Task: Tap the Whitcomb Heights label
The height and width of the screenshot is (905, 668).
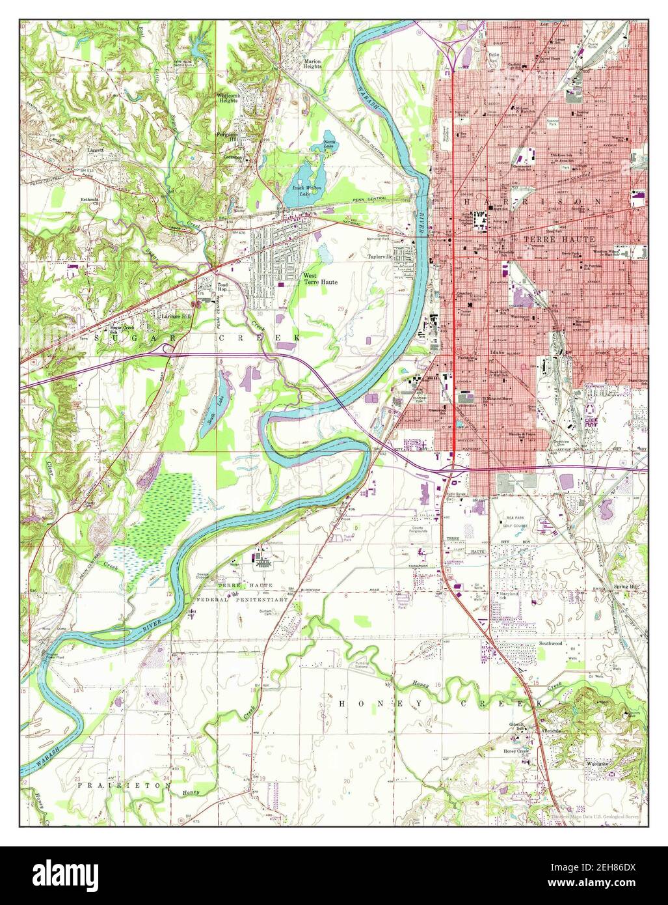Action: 228,98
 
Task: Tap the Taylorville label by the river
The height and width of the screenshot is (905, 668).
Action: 381,257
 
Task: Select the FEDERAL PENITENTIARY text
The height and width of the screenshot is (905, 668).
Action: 243,599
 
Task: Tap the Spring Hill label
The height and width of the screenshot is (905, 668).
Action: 625,587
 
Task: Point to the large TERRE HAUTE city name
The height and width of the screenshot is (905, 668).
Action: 559,239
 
